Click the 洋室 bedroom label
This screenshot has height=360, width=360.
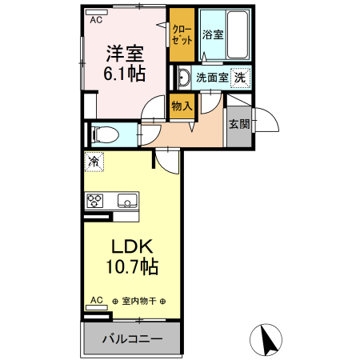(x=126, y=54)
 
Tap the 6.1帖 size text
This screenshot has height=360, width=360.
(x=126, y=74)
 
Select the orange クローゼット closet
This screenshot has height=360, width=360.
(x=182, y=35)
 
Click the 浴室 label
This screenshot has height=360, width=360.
(x=212, y=34)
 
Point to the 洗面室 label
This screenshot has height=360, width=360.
(x=212, y=78)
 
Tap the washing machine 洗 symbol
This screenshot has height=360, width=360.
(x=240, y=78)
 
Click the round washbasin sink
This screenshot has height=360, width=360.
(x=183, y=78)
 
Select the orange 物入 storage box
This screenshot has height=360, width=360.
(x=182, y=105)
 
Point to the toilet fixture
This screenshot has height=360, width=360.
(x=103, y=133)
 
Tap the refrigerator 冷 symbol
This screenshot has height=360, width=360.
(x=94, y=161)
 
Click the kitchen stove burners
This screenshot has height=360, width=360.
(x=95, y=200)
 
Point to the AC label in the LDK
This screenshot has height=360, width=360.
(x=96, y=301)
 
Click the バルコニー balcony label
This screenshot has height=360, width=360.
(x=132, y=339)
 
